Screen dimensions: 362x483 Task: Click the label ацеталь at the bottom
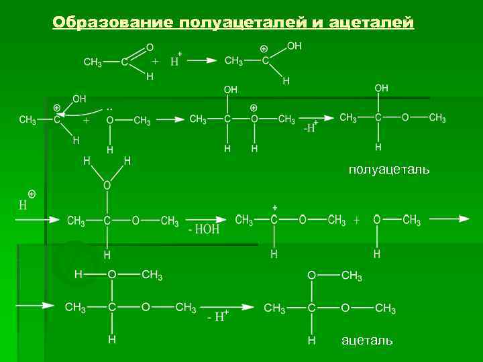point(367,341)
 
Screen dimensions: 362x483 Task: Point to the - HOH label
point(203,230)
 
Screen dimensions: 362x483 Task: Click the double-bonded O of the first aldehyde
point(149,48)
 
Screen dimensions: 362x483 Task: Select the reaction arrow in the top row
point(203,60)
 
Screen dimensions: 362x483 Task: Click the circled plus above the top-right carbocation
point(264,49)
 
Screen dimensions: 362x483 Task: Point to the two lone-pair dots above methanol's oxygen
point(110,107)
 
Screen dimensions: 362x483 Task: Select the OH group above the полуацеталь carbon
point(381,88)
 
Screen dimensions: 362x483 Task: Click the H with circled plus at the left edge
point(25,202)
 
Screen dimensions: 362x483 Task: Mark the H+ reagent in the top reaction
point(176,60)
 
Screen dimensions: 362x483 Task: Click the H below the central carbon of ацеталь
point(311,341)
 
